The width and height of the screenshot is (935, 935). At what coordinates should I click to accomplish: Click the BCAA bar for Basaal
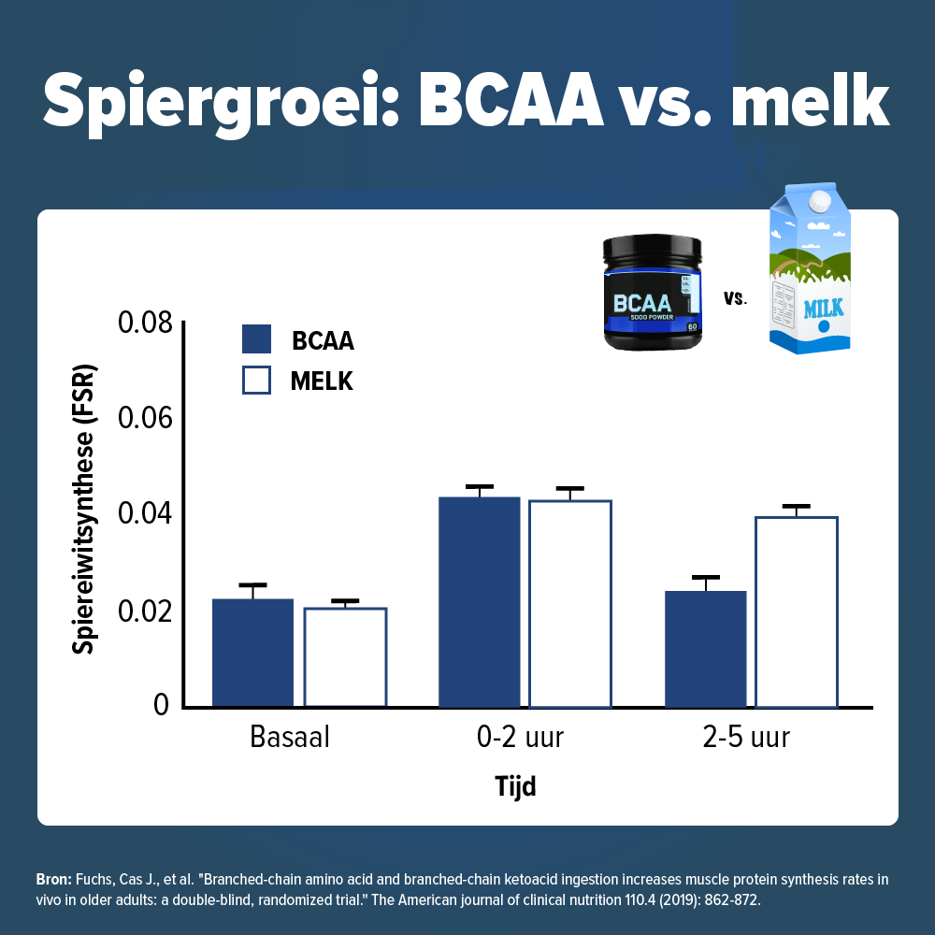pyautogui.click(x=252, y=653)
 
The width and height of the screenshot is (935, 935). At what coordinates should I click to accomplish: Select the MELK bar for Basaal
pyautogui.click(x=345, y=657)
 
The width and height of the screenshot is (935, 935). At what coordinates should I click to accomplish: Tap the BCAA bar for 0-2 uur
pyautogui.click(x=480, y=602)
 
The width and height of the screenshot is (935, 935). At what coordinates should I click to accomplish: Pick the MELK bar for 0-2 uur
pyautogui.click(x=570, y=604)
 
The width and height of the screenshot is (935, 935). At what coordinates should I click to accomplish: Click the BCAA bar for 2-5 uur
pyautogui.click(x=706, y=649)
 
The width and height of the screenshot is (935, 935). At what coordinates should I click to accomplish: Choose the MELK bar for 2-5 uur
pyautogui.click(x=797, y=611)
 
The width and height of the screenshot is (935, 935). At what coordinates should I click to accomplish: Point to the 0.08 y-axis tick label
pyautogui.click(x=145, y=324)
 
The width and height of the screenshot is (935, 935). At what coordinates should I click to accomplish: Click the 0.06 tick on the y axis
pyautogui.click(x=145, y=419)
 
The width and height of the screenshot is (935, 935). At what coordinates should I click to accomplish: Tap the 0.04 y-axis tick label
pyautogui.click(x=145, y=515)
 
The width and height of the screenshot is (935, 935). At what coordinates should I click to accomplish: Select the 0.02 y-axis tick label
pyautogui.click(x=145, y=611)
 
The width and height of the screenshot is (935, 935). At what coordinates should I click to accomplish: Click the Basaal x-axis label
pyautogui.click(x=290, y=738)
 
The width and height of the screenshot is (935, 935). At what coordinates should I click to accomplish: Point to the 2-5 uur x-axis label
pyautogui.click(x=746, y=738)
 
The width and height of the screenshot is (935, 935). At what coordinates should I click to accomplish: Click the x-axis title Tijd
pyautogui.click(x=515, y=786)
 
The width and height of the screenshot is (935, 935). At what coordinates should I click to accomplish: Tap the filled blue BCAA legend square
pyautogui.click(x=256, y=339)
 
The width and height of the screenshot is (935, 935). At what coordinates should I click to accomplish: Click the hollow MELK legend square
pyautogui.click(x=256, y=381)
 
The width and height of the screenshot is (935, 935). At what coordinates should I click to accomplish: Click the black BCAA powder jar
pyautogui.click(x=651, y=294)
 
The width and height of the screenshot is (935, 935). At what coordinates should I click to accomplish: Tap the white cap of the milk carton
pyautogui.click(x=819, y=199)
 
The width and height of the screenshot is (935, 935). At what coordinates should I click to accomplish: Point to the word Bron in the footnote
pyautogui.click(x=52, y=880)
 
